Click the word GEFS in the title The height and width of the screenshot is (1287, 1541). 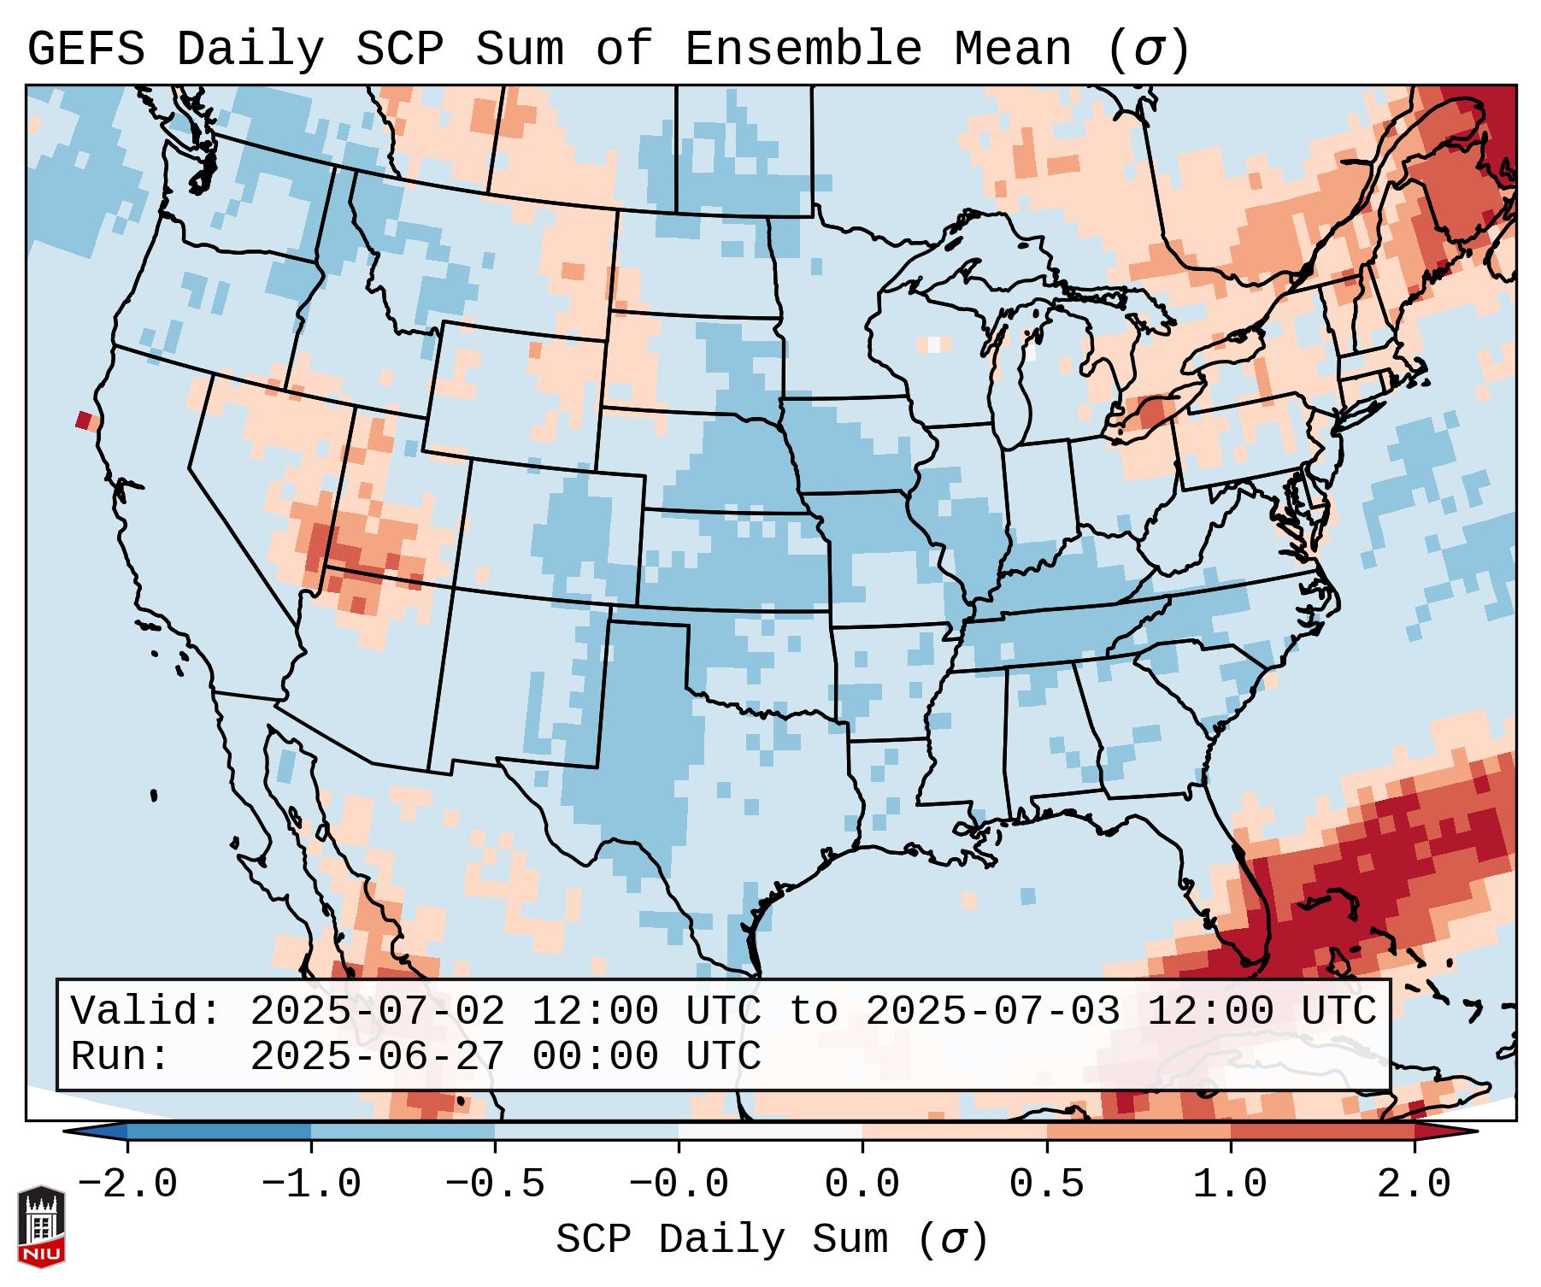(x=85, y=50)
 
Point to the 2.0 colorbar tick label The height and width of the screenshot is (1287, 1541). (x=1414, y=1184)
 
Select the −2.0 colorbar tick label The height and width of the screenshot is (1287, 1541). (x=127, y=1184)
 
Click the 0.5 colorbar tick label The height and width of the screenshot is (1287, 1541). (x=1046, y=1184)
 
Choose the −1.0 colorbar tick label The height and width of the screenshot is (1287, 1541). (x=311, y=1184)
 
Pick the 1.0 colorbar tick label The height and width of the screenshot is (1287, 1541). (x=1230, y=1184)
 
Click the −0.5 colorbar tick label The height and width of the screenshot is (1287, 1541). (x=495, y=1184)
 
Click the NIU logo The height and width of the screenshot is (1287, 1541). (x=41, y=1225)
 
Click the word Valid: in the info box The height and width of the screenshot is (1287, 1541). (x=146, y=1011)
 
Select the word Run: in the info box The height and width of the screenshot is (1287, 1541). (x=121, y=1056)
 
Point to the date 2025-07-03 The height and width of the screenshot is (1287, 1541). (x=992, y=1011)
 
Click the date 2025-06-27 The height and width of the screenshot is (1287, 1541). (x=377, y=1056)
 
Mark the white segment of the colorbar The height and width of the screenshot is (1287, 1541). (x=770, y=1131)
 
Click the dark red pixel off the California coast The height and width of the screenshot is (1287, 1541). (x=83, y=420)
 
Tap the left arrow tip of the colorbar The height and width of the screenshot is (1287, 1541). (x=68, y=1131)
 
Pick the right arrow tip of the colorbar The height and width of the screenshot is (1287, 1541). (x=1473, y=1131)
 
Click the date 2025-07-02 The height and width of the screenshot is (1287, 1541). (x=377, y=1011)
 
